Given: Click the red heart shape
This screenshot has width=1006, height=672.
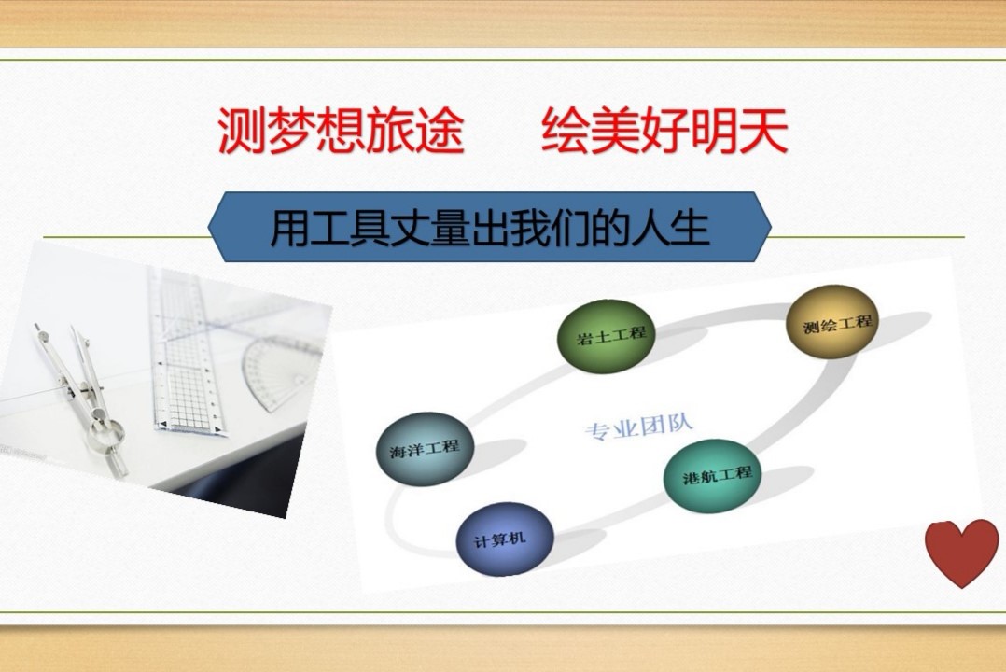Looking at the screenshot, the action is (x=962, y=552).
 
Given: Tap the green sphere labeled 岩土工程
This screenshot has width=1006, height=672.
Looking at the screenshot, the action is (x=607, y=336).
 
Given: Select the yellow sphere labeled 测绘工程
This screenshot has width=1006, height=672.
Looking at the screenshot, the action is (x=832, y=322).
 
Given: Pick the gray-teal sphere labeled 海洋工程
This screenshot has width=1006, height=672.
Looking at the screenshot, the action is (x=425, y=448).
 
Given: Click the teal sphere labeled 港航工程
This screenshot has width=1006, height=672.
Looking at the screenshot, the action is (x=712, y=476).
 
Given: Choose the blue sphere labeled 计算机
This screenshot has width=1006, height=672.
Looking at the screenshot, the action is (x=505, y=539).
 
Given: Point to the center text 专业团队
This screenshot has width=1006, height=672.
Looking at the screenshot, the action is (x=639, y=427).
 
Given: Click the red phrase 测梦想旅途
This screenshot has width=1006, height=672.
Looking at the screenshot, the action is (x=341, y=131).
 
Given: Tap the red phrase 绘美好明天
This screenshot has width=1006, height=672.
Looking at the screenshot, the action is (x=664, y=131).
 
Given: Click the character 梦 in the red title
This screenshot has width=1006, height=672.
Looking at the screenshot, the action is (x=292, y=131).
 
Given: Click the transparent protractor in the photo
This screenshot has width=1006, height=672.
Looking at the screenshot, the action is (x=282, y=372).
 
